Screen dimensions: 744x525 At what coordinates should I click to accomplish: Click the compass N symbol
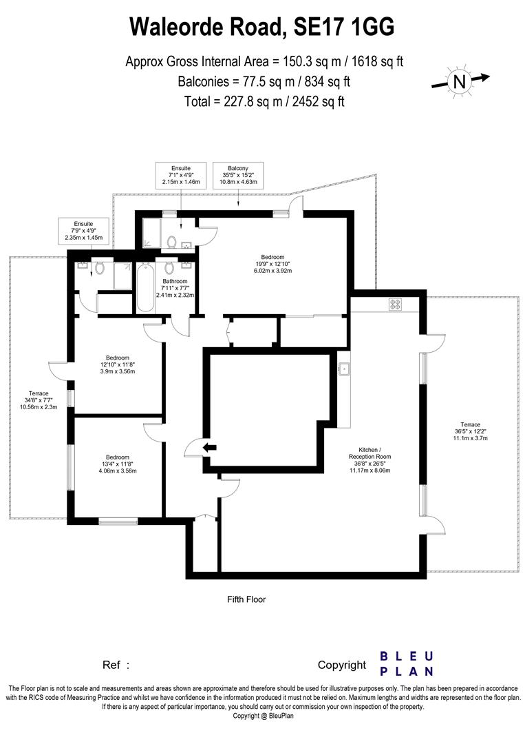click(x=458, y=81)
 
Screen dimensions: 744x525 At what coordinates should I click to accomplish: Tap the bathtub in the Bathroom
click(x=145, y=287)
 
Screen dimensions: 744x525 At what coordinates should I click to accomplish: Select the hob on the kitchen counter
click(x=396, y=303)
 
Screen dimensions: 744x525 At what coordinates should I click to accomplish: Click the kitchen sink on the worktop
click(x=343, y=370)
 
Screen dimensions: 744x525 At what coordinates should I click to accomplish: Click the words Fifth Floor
click(x=246, y=599)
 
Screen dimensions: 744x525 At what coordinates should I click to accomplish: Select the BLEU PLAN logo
click(x=407, y=663)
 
